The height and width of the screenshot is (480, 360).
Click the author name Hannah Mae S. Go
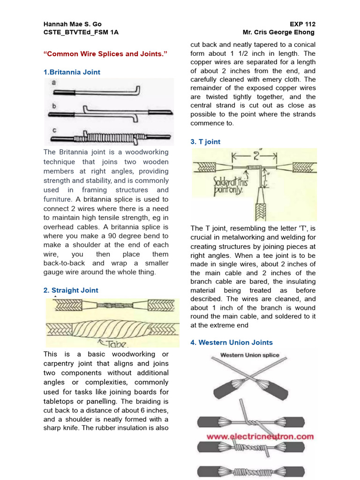(72, 24)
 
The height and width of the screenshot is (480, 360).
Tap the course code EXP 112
(302, 24)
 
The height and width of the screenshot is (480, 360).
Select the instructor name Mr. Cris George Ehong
(278, 32)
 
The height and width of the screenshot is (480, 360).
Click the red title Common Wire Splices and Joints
(105, 54)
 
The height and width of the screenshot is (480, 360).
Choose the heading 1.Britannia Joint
(72, 72)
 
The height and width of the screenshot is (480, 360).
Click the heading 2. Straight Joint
(71, 290)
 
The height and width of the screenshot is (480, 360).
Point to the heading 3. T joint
(205, 142)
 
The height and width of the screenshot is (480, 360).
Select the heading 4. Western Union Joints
(232, 343)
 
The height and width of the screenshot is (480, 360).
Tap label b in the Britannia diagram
(54, 106)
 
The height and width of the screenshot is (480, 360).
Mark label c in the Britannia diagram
(54, 129)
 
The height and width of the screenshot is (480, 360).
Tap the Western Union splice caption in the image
(249, 355)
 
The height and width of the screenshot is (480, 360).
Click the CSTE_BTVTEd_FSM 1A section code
(74, 32)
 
